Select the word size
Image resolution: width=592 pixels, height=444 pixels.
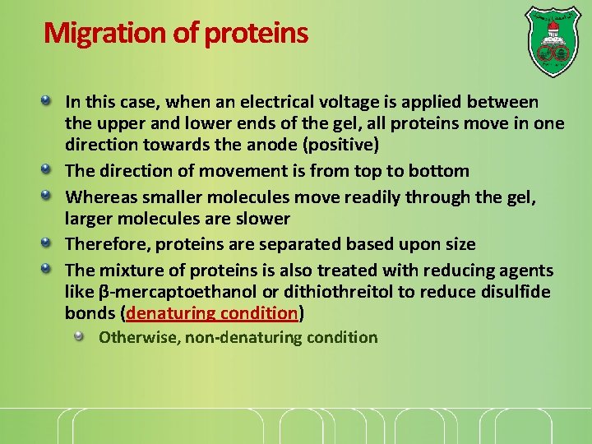click(x=458, y=244)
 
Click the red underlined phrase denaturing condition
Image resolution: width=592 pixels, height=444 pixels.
click(x=212, y=313)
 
